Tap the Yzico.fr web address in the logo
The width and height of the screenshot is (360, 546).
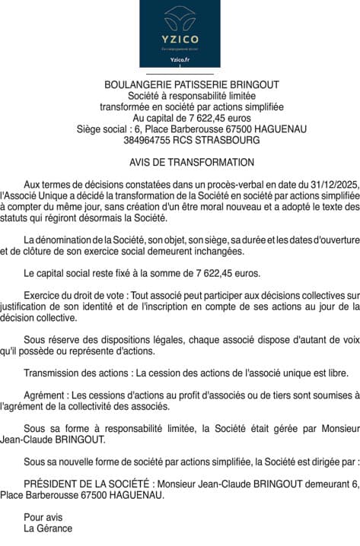[x=180, y=59]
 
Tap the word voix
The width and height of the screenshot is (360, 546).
[x=349, y=341]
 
